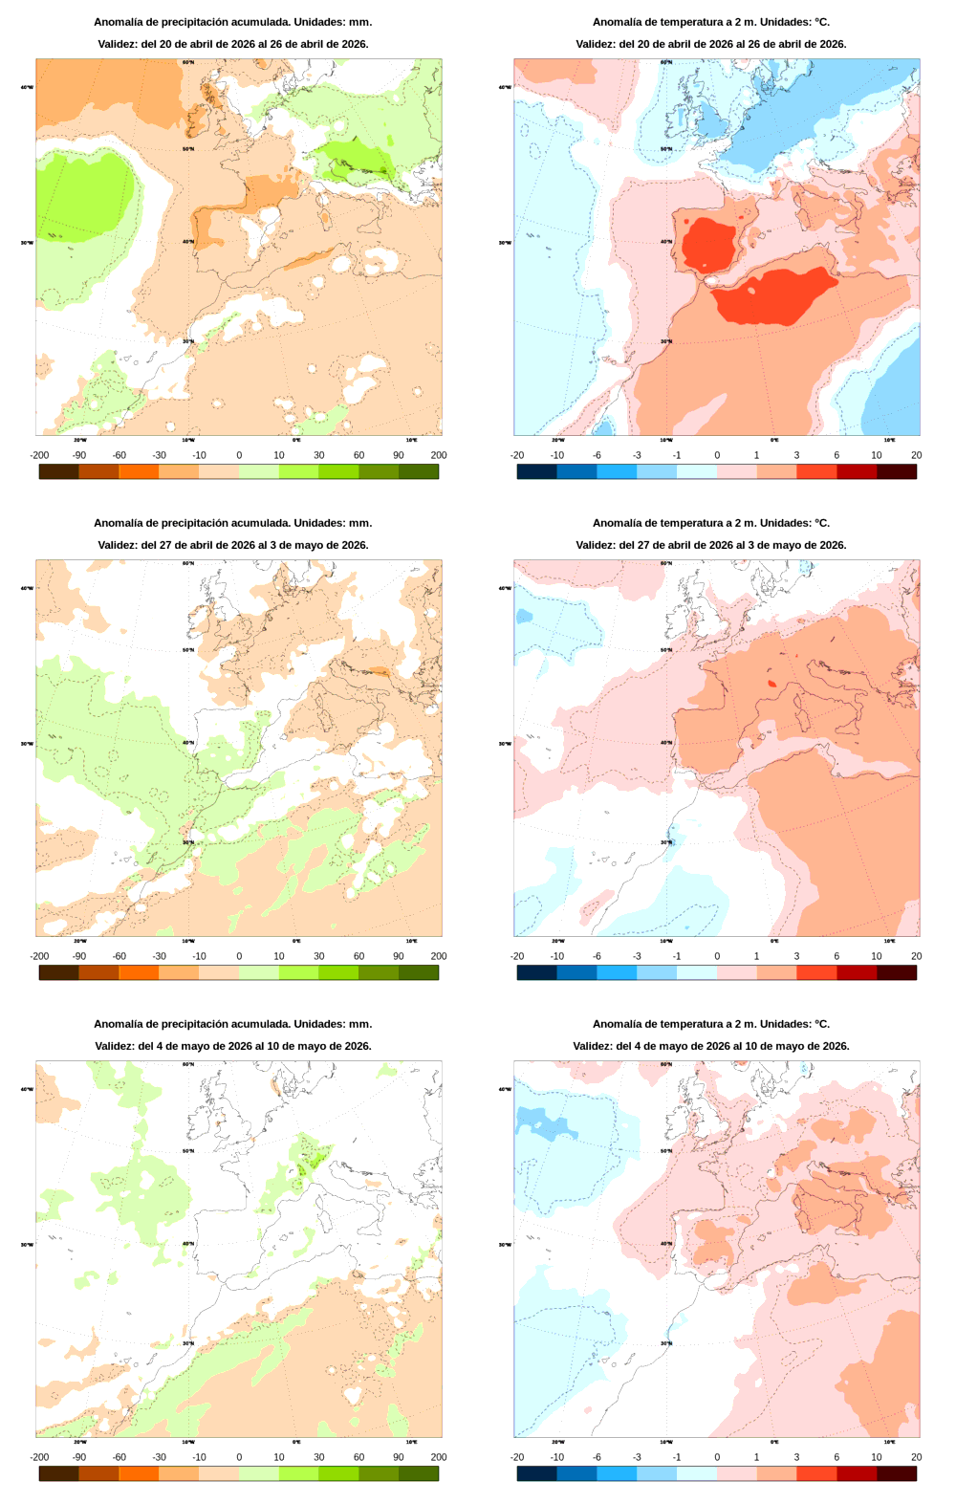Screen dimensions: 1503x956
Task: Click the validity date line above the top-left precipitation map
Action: (x=232, y=44)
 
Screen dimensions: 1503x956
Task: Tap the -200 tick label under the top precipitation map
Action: (x=39, y=455)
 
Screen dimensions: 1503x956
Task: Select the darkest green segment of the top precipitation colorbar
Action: (x=419, y=471)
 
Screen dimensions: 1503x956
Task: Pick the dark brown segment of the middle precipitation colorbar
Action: (x=58, y=972)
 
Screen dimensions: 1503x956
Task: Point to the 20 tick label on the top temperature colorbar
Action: (x=916, y=455)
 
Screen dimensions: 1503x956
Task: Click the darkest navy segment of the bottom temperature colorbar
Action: (x=536, y=1473)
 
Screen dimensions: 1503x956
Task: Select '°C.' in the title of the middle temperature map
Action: (x=821, y=523)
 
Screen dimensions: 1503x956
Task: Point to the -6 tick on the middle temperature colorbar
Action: (x=597, y=956)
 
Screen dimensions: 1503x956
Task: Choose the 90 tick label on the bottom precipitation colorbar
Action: (x=399, y=1457)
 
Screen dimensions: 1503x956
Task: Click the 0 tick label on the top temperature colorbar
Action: (x=717, y=455)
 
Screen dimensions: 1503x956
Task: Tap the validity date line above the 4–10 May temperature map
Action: (x=710, y=1046)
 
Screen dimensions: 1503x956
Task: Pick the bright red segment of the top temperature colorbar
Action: (x=816, y=471)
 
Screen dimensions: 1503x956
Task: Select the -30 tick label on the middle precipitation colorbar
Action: (x=159, y=956)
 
